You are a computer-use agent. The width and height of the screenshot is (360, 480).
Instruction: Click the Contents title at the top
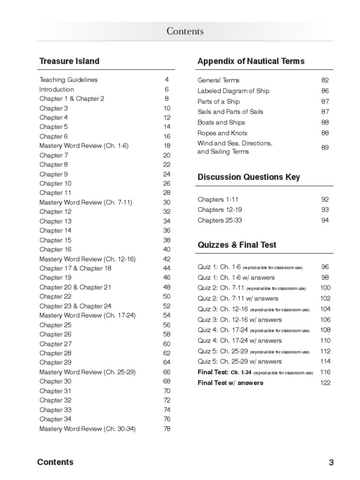point(185,31)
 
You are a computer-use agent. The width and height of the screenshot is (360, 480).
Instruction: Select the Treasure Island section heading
point(69,61)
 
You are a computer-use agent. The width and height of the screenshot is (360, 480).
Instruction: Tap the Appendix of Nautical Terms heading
point(251,61)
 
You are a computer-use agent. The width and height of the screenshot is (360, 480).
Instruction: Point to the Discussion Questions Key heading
point(248,177)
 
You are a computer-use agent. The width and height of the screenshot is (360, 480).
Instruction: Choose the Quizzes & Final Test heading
point(237,245)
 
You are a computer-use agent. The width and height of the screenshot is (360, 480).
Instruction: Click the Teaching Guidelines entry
point(68,80)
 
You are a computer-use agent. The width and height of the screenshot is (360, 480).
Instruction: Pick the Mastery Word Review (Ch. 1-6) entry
point(84,146)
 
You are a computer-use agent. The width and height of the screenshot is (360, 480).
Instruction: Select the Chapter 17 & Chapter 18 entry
point(75,268)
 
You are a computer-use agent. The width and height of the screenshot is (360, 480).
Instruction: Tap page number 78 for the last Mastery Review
point(167,428)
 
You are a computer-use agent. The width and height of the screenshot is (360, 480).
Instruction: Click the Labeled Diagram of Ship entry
point(233,91)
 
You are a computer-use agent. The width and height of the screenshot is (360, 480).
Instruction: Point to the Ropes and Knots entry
point(222,133)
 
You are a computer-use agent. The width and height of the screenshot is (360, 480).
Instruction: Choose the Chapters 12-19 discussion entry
point(220,210)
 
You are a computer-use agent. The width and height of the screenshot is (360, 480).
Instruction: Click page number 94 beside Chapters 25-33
point(325,220)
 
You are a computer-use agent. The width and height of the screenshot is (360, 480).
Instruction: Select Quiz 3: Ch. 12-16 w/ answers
point(240,320)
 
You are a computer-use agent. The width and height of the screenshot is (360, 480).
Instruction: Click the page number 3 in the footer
point(331,463)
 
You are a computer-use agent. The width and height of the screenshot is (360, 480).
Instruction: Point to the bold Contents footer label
point(55,462)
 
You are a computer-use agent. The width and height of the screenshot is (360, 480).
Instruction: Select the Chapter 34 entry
point(55,419)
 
